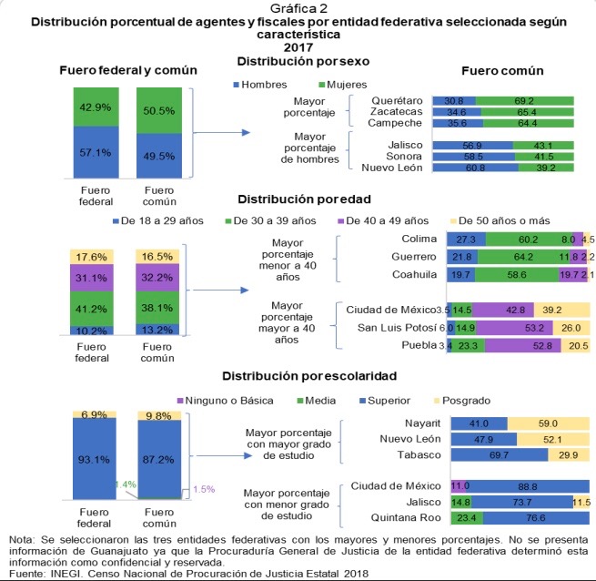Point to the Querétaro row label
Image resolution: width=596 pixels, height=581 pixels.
[395, 99]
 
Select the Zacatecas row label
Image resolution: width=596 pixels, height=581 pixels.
[397, 110]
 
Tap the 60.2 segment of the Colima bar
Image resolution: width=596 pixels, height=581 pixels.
[523, 238]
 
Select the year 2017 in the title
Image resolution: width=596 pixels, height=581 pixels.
[298, 46]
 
